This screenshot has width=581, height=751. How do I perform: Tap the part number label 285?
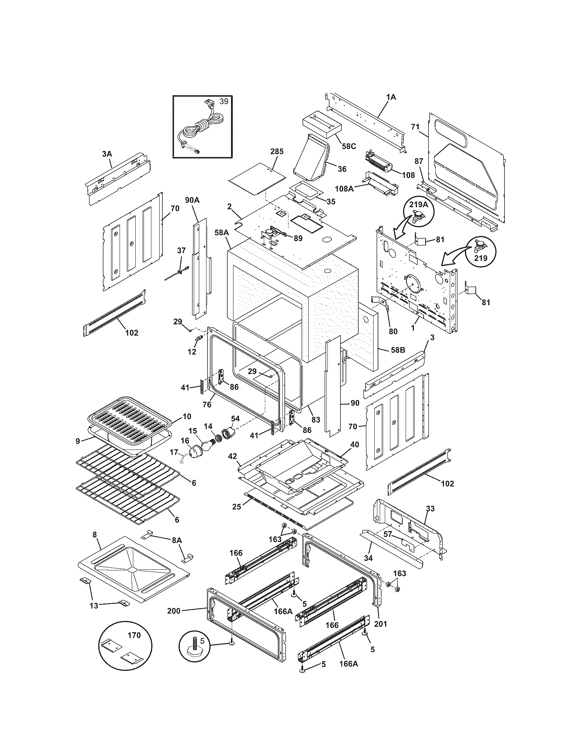pyautogui.click(x=277, y=152)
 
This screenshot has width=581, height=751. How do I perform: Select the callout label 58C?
pyautogui.click(x=348, y=146)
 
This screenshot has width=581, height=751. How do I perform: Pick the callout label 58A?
pyautogui.click(x=222, y=233)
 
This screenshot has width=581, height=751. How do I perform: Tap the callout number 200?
pyautogui.click(x=174, y=611)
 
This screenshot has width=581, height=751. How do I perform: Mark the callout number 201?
pyautogui.click(x=381, y=624)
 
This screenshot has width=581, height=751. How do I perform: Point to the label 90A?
pyautogui.click(x=192, y=200)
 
